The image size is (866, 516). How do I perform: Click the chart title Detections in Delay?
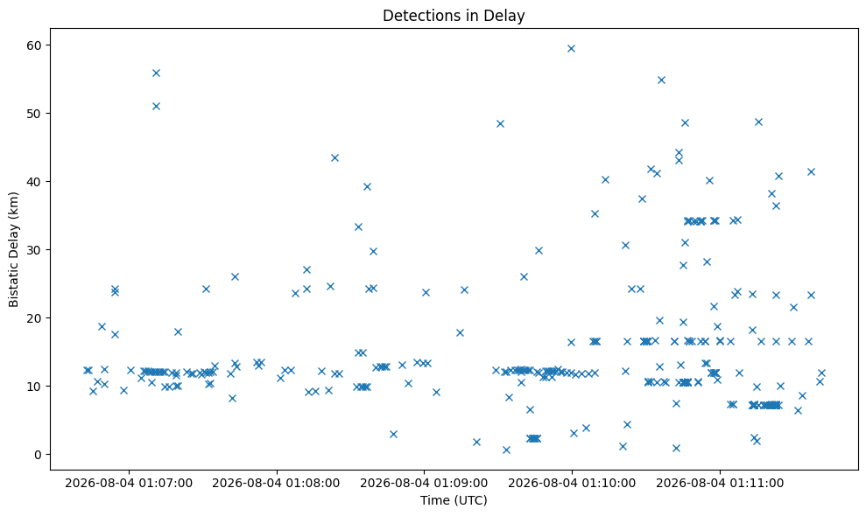454,16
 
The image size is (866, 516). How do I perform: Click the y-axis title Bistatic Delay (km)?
14,249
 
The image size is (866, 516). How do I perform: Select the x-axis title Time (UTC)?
454,500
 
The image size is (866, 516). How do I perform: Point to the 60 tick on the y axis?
35,45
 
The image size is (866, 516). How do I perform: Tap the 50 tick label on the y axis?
35,114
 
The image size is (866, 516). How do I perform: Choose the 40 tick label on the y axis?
35,182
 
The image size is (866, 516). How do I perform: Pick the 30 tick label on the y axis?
35,250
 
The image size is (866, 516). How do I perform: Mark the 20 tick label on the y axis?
35,317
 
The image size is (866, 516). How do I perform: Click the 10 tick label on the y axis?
35,387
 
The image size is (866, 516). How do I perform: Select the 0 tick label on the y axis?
39,455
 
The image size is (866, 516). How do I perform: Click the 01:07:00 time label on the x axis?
129,484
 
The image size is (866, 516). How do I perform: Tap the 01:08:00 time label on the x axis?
276,484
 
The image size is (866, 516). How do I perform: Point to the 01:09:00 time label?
424,484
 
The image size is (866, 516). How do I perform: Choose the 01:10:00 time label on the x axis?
572,484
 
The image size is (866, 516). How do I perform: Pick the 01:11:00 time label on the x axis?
720,484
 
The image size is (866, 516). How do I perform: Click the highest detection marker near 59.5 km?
571,49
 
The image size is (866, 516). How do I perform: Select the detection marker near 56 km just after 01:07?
156,73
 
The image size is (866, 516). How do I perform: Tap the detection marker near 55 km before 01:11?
661,80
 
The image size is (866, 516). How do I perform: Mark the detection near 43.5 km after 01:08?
334,157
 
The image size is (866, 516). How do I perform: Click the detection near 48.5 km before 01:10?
500,123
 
